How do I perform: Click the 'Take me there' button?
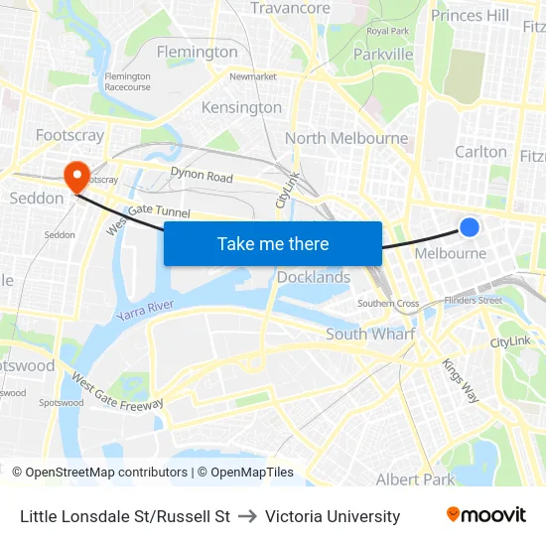pos(273,243)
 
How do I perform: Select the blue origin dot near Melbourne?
pos(470,227)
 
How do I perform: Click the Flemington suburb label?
pos(198,52)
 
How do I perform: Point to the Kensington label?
pos(241,107)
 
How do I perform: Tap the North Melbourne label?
pos(346,138)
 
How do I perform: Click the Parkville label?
pos(383,54)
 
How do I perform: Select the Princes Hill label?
pos(470,15)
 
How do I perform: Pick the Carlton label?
pos(480,152)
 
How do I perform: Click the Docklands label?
pos(314,277)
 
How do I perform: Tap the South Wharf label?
pos(369,335)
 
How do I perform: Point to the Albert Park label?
pos(415,479)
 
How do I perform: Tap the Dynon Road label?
pos(202,177)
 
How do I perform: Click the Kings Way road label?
pos(460,379)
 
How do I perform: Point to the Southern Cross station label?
pos(388,303)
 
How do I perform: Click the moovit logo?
pos(485,515)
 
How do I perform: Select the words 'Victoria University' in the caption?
pos(333,516)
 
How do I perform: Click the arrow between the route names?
pos(247,516)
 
